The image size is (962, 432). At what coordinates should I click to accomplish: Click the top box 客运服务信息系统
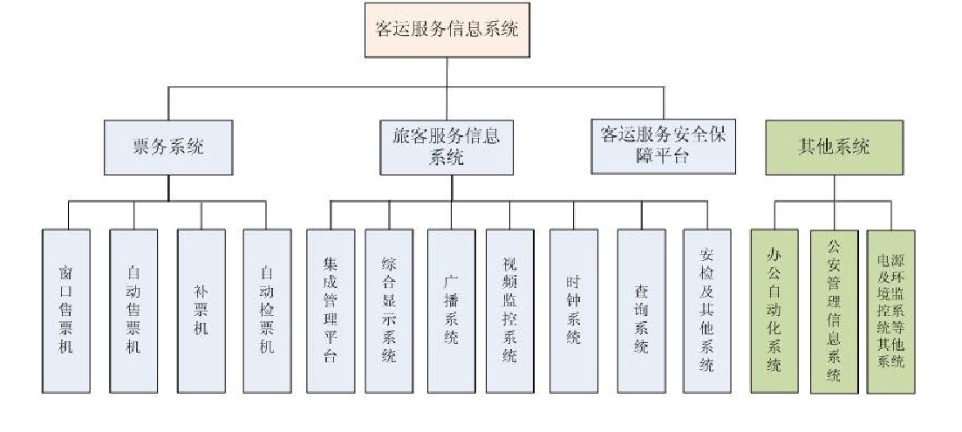pos(447,29)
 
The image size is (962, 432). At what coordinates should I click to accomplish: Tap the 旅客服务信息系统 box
pos(446,147)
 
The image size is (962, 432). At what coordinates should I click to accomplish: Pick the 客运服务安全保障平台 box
pos(663,147)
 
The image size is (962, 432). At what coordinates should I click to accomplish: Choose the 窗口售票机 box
pos(65,311)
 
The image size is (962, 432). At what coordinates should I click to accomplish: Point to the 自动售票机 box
pos(133,311)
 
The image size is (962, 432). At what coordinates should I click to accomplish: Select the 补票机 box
pos(201,311)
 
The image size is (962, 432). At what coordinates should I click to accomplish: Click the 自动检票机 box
pos(267,311)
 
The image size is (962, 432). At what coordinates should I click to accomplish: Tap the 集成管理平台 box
pos(331,311)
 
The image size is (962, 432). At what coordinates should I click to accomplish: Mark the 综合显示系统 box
pos(389,311)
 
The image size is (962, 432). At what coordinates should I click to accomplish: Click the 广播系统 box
pos(451,311)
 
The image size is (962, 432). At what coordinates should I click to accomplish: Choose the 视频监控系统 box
pos(510,311)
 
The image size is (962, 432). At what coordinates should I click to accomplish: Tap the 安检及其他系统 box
pos(707,311)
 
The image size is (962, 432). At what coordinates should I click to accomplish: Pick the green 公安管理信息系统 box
pos(834,311)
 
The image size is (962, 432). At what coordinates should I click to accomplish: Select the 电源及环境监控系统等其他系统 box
pos(890,311)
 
